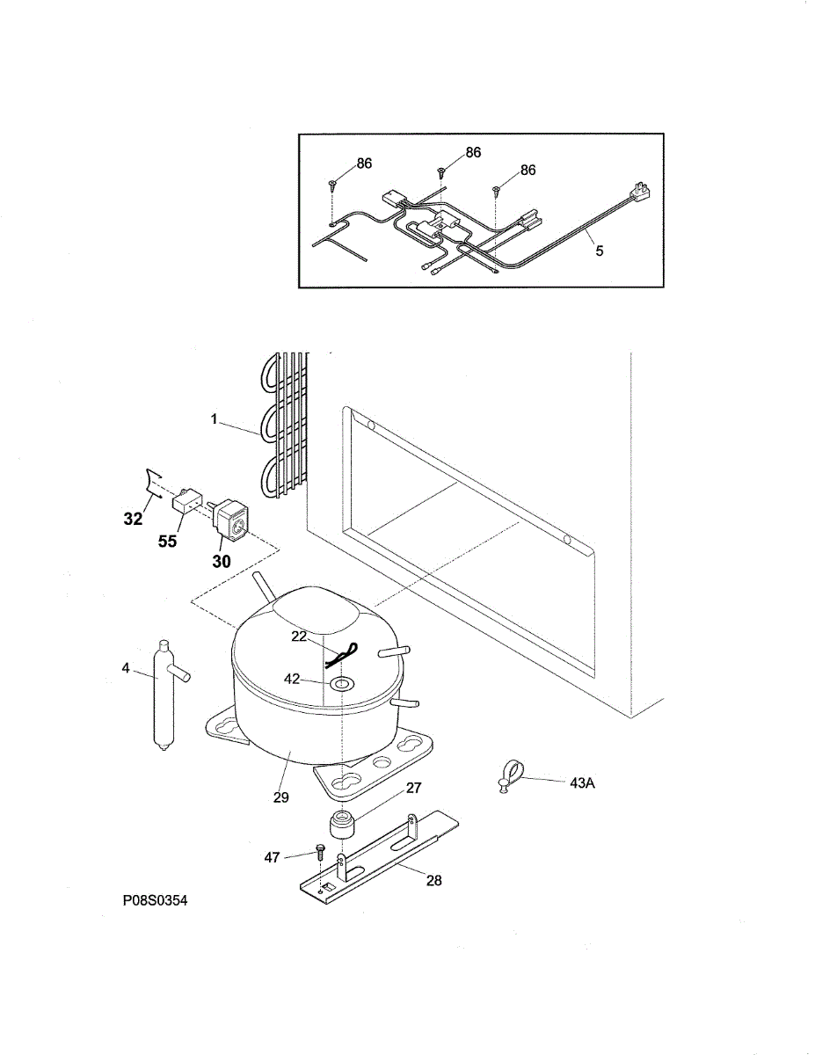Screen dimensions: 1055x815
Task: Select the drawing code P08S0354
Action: pos(156,900)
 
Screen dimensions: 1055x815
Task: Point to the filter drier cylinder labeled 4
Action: pos(164,695)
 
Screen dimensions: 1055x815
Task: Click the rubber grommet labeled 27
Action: pos(341,826)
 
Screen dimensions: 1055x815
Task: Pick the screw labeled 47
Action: pos(321,852)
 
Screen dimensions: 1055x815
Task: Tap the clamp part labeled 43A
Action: pos(507,775)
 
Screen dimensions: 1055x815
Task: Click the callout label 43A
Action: pos(582,783)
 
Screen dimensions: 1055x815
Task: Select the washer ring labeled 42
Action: pos(339,682)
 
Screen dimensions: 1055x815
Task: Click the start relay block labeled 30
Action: pos(230,517)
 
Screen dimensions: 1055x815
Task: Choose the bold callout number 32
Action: pos(133,520)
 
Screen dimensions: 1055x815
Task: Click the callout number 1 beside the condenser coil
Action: pos(214,419)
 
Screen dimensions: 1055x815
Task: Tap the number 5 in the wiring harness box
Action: pos(600,251)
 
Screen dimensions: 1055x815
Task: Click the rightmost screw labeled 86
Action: pos(497,189)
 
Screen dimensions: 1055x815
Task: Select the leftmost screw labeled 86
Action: pos(333,186)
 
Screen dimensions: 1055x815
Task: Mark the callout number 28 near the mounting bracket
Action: pos(434,880)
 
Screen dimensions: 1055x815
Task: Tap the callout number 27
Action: pos(414,789)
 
